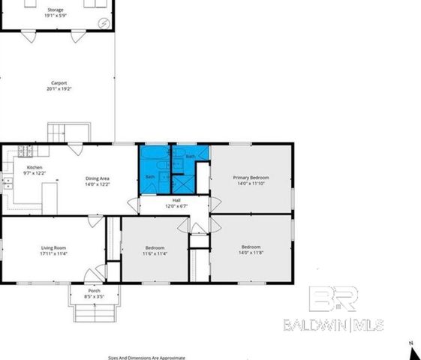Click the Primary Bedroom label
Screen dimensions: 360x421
[x=252, y=177]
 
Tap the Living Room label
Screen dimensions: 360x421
[x=54, y=247]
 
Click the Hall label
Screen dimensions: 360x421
[x=176, y=200]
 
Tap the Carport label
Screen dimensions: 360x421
[x=59, y=82]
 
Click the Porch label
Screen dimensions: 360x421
[x=94, y=291]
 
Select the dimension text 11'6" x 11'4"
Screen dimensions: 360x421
[x=155, y=253]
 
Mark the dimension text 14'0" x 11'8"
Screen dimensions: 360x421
[x=251, y=253]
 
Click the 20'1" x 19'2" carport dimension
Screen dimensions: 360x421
[x=59, y=88]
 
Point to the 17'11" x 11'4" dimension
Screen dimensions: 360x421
[x=54, y=253]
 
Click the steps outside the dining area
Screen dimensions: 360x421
[x=59, y=132]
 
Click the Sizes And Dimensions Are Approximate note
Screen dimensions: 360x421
[x=146, y=357]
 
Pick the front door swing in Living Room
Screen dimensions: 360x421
[x=92, y=274]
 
